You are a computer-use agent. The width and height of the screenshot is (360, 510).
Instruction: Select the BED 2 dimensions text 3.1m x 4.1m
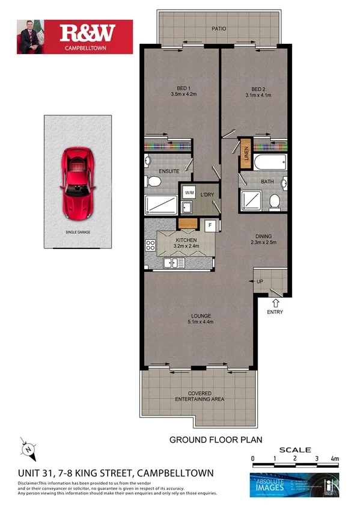pos(258,94)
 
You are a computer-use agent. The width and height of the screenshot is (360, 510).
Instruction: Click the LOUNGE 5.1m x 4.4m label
pos(200,319)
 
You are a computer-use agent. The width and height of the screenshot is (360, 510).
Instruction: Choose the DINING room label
pos(262,239)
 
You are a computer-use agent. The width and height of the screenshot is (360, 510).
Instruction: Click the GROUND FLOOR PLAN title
pos(216,440)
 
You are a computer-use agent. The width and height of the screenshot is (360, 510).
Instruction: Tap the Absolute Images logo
pos(294,485)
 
